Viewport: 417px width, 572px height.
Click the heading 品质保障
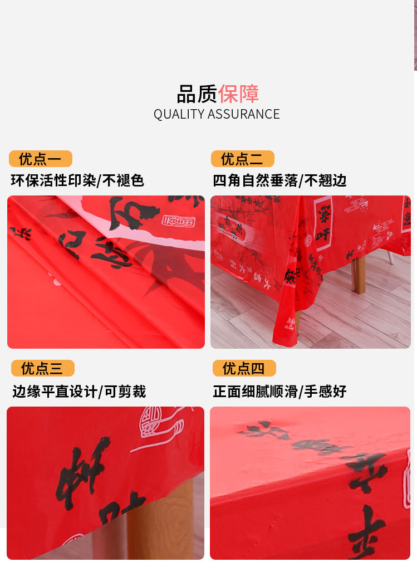pos(218,94)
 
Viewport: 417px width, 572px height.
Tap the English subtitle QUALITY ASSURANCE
pos(217,114)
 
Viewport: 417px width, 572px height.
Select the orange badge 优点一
pos(40,159)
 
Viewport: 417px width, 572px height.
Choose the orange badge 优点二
pos(242,159)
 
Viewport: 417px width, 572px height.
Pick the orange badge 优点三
pos(42,368)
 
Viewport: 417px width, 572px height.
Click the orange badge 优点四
pos(244,368)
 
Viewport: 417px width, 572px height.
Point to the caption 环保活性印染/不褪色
pos(77,180)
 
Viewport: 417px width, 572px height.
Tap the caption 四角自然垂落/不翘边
pos(279,180)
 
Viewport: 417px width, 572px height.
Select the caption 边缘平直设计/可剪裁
pos(79,392)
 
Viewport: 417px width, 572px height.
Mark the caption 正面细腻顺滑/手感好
pos(279,392)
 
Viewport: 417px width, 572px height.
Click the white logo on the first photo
pos(178,221)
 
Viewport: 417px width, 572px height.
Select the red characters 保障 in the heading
pos(238,94)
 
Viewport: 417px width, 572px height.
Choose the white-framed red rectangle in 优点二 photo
pos(323,223)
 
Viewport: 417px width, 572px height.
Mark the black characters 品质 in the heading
pos(197,94)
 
